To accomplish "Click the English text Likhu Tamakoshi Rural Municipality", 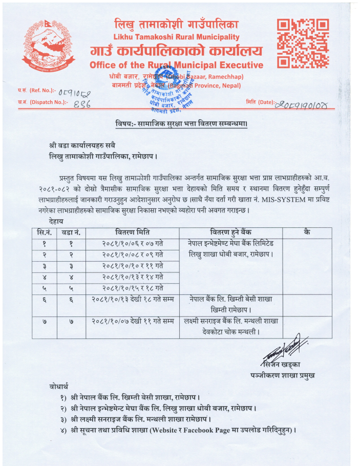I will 176,37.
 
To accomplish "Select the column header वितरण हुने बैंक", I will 230,232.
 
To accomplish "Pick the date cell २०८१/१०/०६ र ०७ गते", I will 132,244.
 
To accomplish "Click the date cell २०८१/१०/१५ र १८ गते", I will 132,288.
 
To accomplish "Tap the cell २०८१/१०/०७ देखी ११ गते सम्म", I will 132,322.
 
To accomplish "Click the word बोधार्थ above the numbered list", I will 55,385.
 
